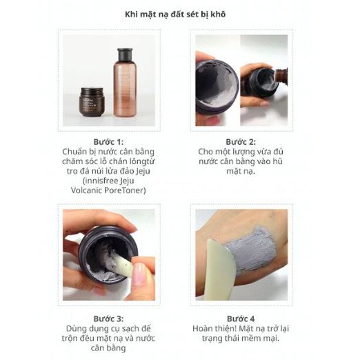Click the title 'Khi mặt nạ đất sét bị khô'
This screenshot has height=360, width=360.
click(175, 14)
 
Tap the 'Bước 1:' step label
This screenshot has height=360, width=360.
click(108, 142)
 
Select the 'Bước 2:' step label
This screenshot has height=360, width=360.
click(241, 142)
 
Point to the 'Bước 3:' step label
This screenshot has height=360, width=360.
click(108, 319)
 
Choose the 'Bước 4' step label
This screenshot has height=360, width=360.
click(241, 319)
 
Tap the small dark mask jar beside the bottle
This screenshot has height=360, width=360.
click(92, 101)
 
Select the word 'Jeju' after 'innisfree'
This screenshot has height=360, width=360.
click(127, 181)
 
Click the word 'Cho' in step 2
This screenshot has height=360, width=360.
click(205, 152)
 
